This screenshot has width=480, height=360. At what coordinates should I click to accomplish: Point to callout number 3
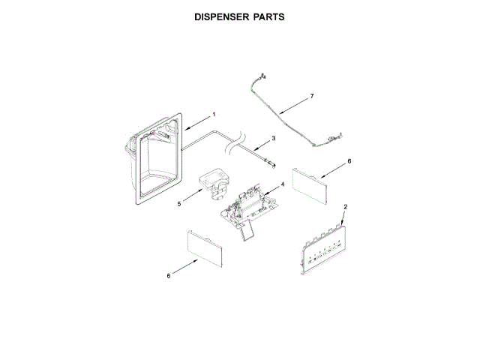tap(274, 138)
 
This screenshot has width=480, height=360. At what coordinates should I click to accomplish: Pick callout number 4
tap(282, 184)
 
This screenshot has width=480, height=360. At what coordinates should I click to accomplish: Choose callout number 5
tap(179, 202)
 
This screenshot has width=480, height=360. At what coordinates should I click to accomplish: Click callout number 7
tap(312, 97)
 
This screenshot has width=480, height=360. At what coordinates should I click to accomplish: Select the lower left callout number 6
tap(169, 276)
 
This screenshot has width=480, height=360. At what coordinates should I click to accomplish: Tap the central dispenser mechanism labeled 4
tap(247, 206)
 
